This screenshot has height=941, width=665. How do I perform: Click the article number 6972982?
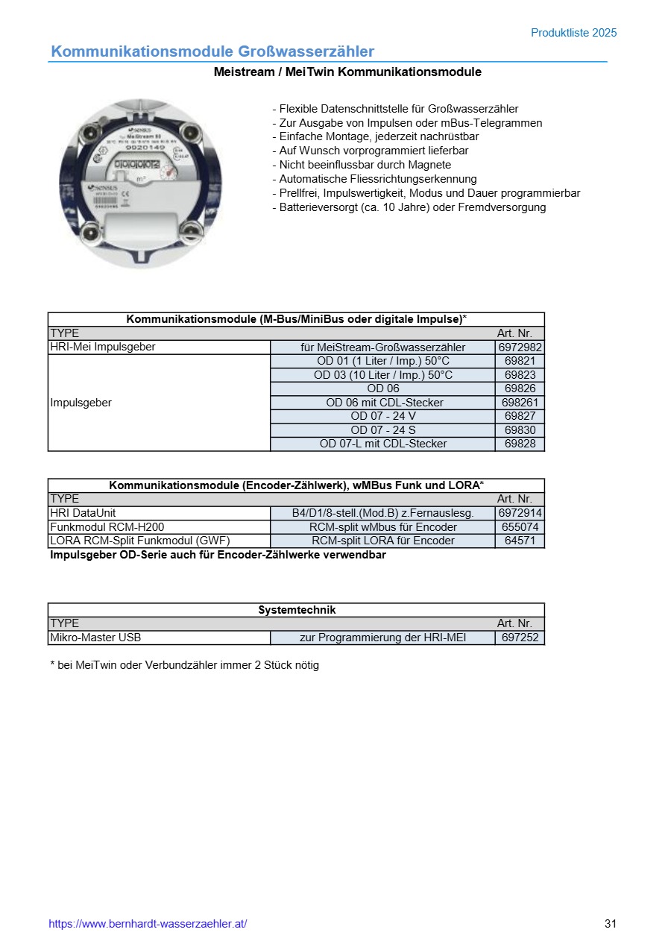pos(520,347)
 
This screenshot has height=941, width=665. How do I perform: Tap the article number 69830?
pos(520,430)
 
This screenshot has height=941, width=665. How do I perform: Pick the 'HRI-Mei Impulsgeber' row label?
pos(103,347)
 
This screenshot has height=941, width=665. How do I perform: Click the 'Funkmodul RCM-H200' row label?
pos(107,527)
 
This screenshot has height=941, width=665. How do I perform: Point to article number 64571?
pos(520,541)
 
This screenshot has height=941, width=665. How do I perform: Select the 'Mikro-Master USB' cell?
pos(95,638)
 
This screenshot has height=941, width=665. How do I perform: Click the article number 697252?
pos(520,638)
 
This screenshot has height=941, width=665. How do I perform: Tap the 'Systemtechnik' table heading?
pos(297,610)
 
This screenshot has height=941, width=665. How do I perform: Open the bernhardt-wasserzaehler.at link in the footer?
pos(148,924)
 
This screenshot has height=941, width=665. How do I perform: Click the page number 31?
pos(611,924)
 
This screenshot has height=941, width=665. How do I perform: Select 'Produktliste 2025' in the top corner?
pos(573,33)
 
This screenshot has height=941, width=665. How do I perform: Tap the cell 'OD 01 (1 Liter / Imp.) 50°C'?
pos(383,361)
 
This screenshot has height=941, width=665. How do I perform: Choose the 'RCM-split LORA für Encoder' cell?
pos(382,541)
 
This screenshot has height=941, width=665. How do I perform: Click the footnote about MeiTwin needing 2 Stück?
pos(184,665)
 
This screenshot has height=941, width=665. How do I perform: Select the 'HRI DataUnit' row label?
pos(83,513)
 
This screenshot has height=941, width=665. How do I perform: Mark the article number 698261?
pos(520,403)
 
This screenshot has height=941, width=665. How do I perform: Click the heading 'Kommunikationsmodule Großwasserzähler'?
pos(212,51)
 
